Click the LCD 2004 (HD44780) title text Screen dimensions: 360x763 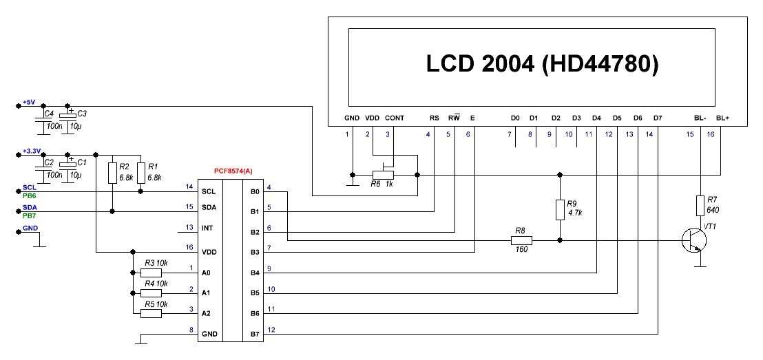(543, 64)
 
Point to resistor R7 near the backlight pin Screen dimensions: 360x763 (700, 205)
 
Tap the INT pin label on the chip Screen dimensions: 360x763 (207, 229)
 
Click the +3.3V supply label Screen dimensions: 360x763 (31, 151)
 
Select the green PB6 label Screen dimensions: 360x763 (29, 195)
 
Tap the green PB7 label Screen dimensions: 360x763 (29, 215)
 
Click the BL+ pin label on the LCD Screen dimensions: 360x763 (722, 118)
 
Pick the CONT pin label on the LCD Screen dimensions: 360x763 (395, 118)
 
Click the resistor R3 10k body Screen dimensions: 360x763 (151, 273)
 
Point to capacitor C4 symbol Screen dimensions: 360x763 (43, 118)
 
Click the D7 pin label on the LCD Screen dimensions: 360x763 (658, 118)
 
